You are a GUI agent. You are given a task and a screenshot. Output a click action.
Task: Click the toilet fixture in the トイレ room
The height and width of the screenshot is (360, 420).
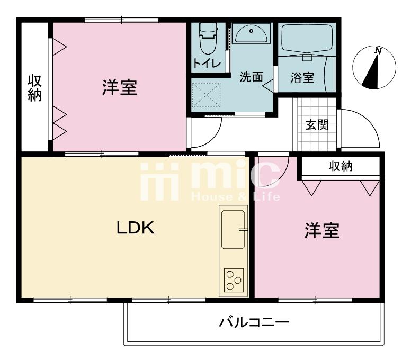point(208,38)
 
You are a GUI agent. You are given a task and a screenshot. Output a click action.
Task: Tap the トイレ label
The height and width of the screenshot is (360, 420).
point(207,63)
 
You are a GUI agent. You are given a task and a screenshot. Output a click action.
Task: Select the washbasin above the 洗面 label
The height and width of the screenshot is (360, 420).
point(251,34)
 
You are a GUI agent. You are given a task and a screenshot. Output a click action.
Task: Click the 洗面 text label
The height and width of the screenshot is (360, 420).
point(251,77)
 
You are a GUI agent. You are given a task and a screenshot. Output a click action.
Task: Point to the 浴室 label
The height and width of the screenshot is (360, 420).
point(302,77)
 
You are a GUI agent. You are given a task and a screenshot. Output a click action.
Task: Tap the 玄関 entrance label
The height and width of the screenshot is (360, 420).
point(317,125)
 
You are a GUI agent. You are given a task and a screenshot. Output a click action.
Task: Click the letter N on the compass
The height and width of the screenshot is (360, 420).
point(378,51)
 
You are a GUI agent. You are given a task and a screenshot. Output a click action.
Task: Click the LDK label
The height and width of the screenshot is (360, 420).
point(136,228)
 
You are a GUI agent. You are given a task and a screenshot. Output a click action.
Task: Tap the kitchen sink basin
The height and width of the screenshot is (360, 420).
point(233,230)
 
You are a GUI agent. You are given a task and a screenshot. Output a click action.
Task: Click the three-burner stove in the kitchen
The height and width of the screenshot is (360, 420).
point(234,280)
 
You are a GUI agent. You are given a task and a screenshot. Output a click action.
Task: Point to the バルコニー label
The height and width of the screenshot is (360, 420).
point(254,322)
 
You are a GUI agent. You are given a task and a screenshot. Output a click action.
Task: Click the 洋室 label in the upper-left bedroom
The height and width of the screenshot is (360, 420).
point(120,87)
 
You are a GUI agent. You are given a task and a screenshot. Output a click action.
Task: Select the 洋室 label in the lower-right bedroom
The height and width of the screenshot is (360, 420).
point(322,230)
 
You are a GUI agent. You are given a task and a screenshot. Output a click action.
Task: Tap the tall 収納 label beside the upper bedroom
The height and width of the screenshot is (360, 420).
point(35,88)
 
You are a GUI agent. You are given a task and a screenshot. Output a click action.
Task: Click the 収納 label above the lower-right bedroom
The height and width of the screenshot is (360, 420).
point(341,166)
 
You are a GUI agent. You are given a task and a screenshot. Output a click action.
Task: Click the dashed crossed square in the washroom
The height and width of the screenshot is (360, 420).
point(207,95)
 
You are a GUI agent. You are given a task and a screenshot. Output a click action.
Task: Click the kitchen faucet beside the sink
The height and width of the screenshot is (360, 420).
point(243,230)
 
